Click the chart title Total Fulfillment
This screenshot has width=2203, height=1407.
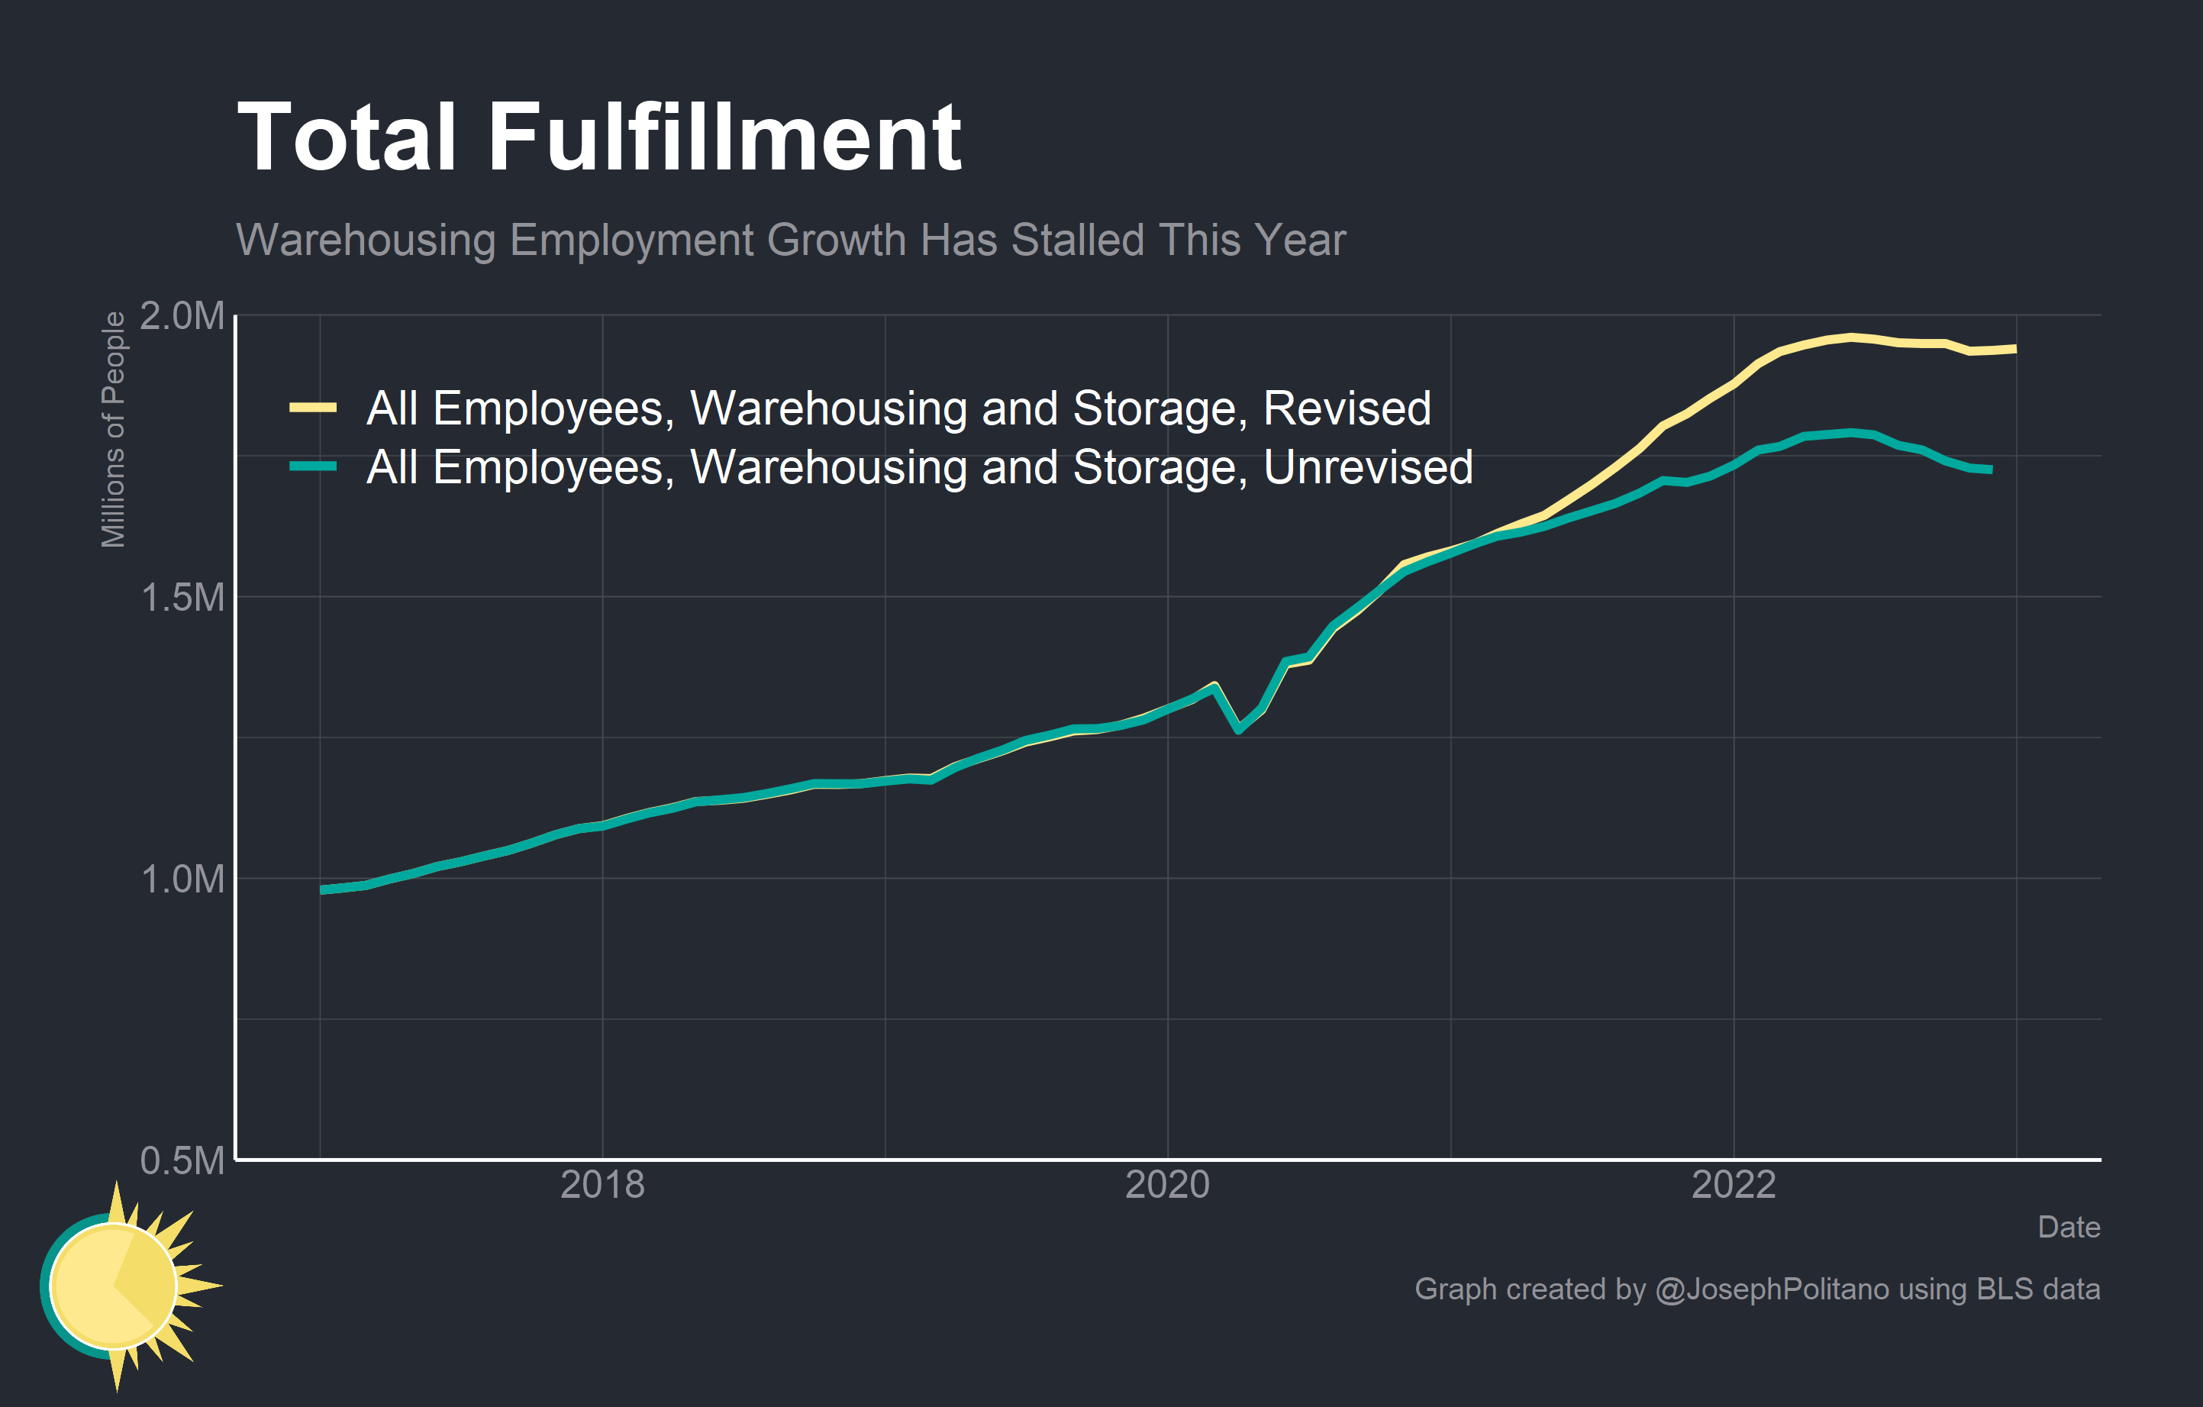pyautogui.click(x=599, y=137)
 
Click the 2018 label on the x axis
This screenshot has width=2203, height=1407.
pyautogui.click(x=602, y=1186)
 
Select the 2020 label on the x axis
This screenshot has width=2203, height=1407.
pyautogui.click(x=1167, y=1186)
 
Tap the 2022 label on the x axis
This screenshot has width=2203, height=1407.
pyautogui.click(x=1734, y=1186)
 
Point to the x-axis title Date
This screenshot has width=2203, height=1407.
pyautogui.click(x=2069, y=1227)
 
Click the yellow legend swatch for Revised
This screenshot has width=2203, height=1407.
pyautogui.click(x=313, y=408)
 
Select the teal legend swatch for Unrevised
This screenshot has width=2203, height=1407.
pyautogui.click(x=313, y=466)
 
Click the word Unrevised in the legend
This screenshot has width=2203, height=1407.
pyautogui.click(x=1368, y=467)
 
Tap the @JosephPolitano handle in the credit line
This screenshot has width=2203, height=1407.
pyautogui.click(x=1772, y=1289)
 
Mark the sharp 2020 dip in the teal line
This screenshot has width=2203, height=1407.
pyautogui.click(x=1239, y=729)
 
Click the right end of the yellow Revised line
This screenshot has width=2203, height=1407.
pyautogui.click(x=2015, y=349)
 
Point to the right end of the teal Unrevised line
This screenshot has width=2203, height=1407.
pyautogui.click(x=1991, y=470)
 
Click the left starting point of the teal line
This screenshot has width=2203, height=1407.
pyautogui.click(x=322, y=889)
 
